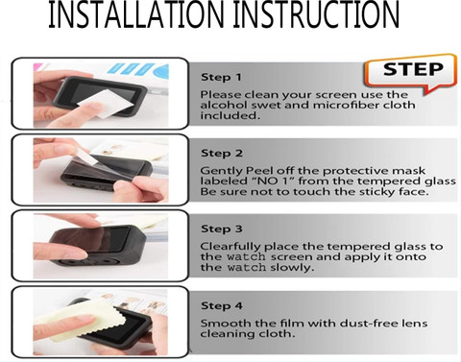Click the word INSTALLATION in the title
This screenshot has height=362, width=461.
point(136,14)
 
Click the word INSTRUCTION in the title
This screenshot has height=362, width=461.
point(316,14)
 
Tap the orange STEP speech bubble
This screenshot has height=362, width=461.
point(410,74)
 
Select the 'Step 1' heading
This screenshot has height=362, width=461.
point(221,77)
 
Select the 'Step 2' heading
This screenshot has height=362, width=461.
point(222,154)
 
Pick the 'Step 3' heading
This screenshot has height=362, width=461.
point(222,229)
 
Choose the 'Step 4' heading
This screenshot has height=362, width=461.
point(222,305)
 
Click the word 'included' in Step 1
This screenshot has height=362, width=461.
point(230,115)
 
